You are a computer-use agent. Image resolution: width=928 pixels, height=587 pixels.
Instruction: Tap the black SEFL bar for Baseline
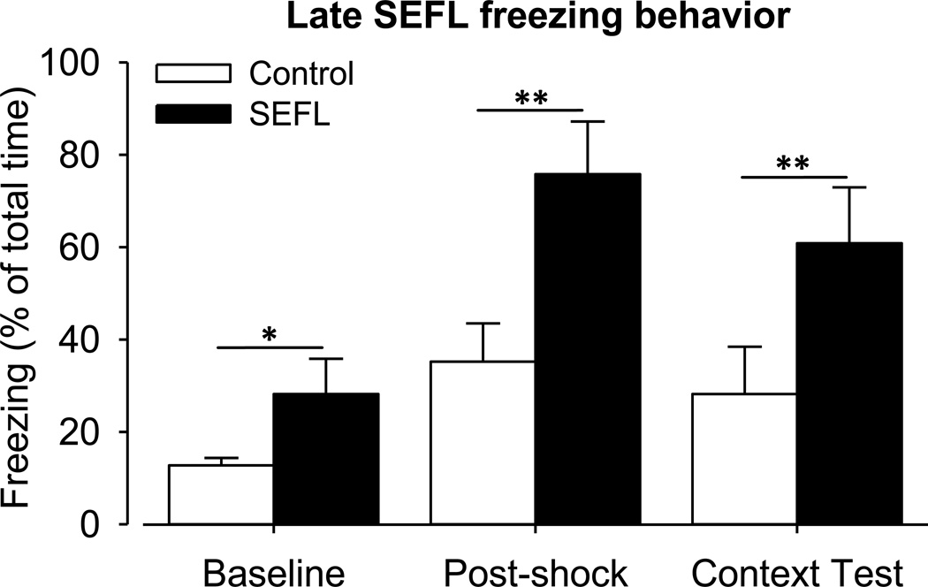[x=325, y=459]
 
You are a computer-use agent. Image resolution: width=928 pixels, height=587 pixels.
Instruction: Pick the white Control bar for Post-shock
[x=483, y=442]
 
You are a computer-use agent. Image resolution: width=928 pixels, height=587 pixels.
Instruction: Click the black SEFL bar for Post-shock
[x=588, y=349]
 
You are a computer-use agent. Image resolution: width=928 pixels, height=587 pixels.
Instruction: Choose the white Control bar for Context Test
[x=744, y=459]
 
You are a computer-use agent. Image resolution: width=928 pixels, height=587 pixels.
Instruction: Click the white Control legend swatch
[x=193, y=73]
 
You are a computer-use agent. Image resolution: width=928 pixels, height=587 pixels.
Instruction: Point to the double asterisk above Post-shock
[x=530, y=98]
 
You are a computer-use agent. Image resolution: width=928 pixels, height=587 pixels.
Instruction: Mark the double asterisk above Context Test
[x=793, y=164]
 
